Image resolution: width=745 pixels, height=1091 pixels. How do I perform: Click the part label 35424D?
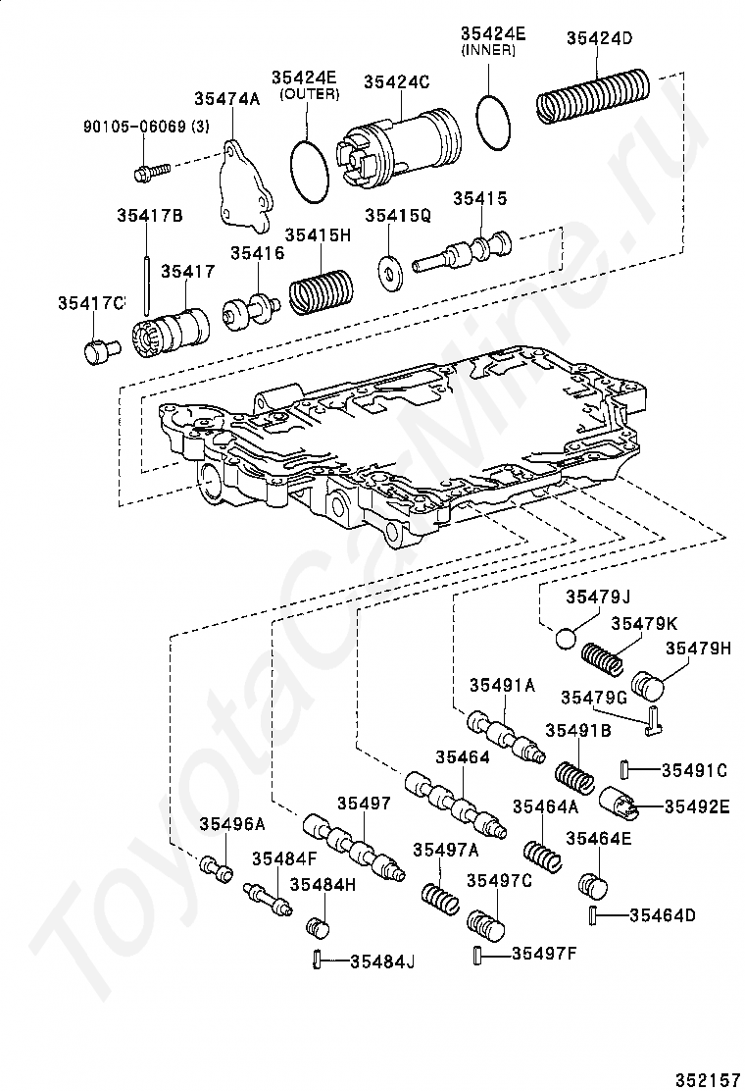pyautogui.click(x=599, y=38)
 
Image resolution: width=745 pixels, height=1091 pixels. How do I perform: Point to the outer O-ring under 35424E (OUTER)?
pyautogui.click(x=309, y=172)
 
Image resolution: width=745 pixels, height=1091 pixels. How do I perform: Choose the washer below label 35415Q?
pyautogui.click(x=390, y=274)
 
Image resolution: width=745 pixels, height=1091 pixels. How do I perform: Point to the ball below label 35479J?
pyautogui.click(x=567, y=638)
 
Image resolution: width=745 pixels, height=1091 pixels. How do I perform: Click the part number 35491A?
pyautogui.click(x=502, y=686)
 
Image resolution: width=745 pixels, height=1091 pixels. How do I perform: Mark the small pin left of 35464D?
pyautogui.click(x=594, y=916)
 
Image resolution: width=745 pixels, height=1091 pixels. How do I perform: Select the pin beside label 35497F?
pyautogui.click(x=478, y=955)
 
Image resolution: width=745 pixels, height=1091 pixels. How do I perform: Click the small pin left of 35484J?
pyautogui.click(x=317, y=959)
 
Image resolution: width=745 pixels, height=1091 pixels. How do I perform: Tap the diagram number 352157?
pyautogui.click(x=706, y=1079)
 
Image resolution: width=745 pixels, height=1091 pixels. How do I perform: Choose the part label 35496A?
pyautogui.click(x=232, y=824)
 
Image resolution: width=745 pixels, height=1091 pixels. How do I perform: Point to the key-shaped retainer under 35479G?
pyautogui.click(x=652, y=720)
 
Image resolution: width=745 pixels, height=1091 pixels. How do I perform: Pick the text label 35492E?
pyautogui.click(x=697, y=806)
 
